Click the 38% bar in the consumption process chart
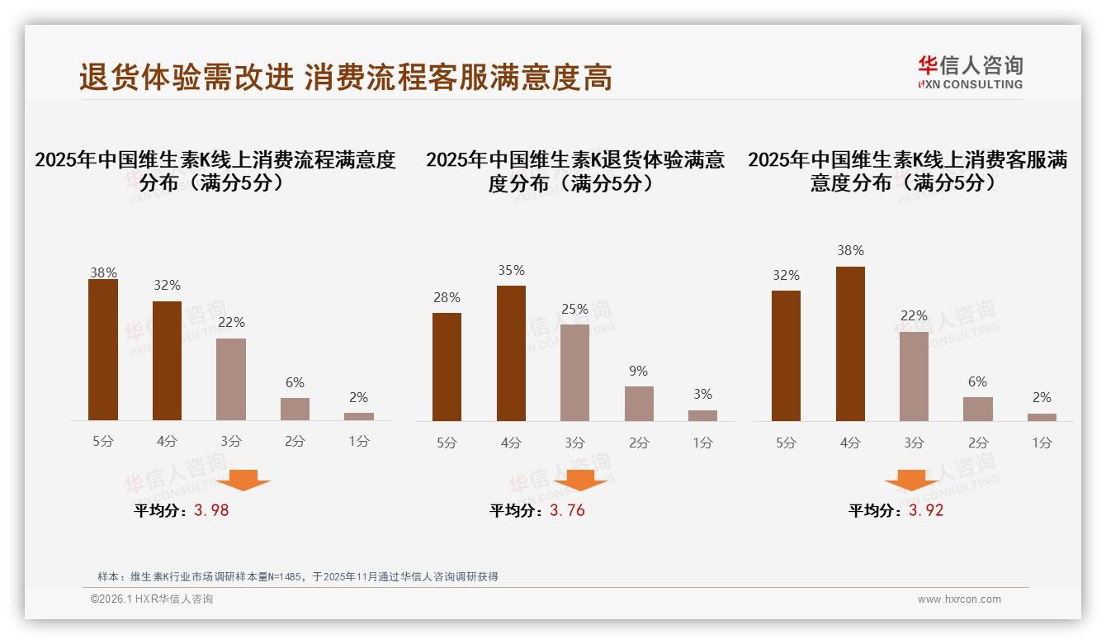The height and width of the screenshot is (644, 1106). [x=103, y=350]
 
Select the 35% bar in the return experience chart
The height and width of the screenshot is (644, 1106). [x=511, y=353]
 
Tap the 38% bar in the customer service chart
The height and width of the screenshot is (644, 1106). [x=850, y=343]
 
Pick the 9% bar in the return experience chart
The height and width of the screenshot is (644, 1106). [x=639, y=404]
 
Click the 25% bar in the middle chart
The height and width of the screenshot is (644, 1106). [x=574, y=372]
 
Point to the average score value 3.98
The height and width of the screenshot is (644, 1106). [x=211, y=510]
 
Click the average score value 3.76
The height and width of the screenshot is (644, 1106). [x=567, y=510]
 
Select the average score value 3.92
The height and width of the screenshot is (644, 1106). [x=926, y=510]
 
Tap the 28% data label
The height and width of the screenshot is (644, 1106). [x=447, y=298]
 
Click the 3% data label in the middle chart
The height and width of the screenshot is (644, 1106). [x=702, y=395]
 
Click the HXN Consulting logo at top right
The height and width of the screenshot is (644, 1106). [x=970, y=72]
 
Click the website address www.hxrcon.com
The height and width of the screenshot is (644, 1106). [x=959, y=599]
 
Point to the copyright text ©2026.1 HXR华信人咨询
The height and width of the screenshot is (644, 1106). [x=152, y=599]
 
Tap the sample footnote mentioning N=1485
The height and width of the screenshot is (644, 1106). [x=298, y=577]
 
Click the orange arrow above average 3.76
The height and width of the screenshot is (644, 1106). [x=580, y=480]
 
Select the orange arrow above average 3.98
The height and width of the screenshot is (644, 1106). [x=243, y=480]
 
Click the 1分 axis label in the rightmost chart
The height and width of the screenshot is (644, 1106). [x=1042, y=443]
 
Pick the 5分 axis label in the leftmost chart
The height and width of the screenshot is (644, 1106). [x=103, y=442]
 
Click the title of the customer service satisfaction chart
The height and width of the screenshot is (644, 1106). [x=907, y=171]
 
